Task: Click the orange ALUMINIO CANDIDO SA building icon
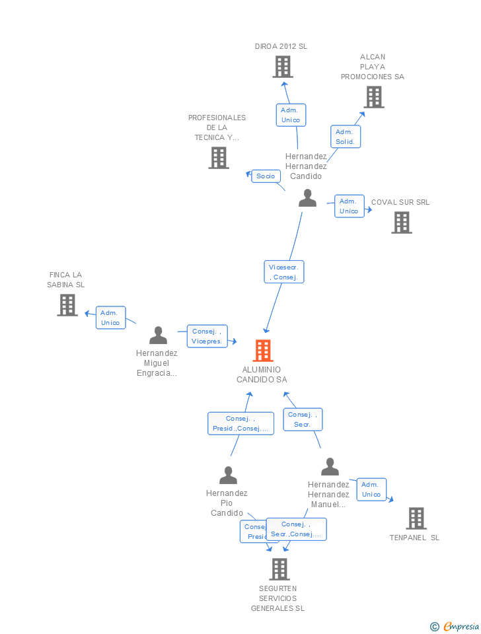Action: pos(263,351)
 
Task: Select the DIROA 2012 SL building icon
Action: pos(283,67)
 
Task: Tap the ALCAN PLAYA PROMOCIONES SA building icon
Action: pos(374,97)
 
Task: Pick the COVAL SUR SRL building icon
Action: pos(402,223)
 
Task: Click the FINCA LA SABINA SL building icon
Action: pos(67,305)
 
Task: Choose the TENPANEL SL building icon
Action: pos(416,518)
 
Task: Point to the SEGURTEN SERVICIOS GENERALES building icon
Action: pos(279,569)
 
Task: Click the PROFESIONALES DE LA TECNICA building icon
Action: pos(219,158)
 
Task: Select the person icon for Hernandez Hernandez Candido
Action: pos(307,198)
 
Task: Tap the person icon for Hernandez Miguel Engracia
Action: pos(158,335)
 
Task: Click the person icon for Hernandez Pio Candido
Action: pos(228,475)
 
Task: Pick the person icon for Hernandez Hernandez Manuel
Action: pos(330,467)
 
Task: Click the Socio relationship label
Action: pos(266,176)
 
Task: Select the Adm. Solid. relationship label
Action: pos(345,137)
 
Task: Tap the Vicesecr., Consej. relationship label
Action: pos(284,272)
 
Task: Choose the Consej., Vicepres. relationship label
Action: pos(207,336)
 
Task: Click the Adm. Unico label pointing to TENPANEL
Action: pos(371,489)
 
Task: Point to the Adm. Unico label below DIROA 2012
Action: pos(291,115)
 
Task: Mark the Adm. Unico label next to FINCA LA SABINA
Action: pos(111,318)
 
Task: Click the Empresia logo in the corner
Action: pos(456,626)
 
